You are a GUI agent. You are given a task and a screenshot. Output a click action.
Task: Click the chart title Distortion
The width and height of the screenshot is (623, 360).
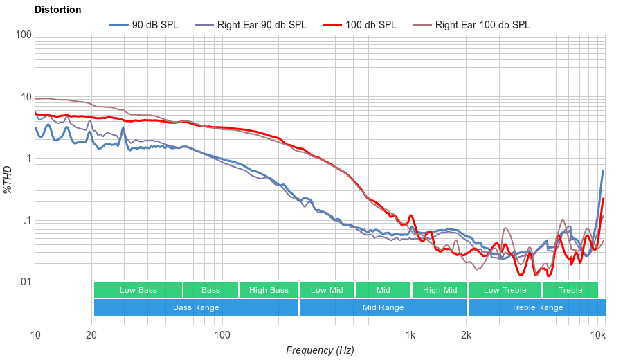point(57,10)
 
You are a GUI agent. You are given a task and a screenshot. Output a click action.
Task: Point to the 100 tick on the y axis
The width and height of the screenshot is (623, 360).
point(22,35)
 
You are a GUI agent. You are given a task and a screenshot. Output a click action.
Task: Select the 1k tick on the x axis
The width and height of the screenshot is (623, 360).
point(410,336)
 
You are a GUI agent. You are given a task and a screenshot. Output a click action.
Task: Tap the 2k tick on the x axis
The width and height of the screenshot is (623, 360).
point(467,336)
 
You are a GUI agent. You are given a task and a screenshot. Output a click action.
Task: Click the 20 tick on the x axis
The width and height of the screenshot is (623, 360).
point(91,336)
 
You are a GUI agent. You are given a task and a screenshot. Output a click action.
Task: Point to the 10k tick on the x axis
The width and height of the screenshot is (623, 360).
point(597,336)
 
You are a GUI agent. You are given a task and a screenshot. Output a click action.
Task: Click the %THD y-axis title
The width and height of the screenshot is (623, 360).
point(8,179)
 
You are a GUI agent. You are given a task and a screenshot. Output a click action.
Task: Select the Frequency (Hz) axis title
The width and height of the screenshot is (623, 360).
point(320,350)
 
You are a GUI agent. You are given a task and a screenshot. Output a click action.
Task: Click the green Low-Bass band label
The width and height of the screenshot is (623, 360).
point(138,290)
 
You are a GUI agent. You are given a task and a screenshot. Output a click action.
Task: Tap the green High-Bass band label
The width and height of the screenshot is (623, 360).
point(269,290)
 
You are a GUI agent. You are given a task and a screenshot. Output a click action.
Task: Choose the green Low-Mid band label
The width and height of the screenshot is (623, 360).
point(327,290)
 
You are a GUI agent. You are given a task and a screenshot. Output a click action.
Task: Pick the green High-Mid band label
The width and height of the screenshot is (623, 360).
point(440,290)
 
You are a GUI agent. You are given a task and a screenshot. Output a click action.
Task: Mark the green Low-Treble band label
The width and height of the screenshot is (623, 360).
point(505,290)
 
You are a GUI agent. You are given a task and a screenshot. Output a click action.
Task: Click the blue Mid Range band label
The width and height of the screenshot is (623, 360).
point(383,307)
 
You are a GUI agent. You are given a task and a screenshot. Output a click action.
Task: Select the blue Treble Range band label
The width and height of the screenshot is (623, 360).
point(537,307)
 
